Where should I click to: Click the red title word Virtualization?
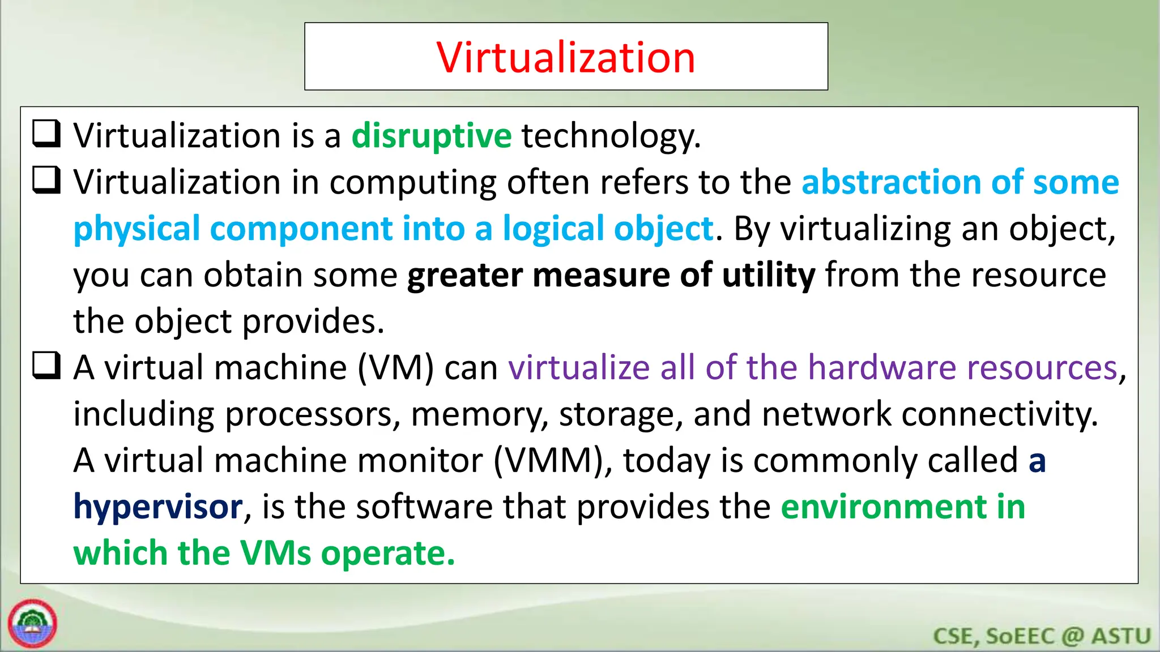pos(565,58)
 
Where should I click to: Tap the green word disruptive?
pos(431,136)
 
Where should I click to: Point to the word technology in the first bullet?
pos(610,136)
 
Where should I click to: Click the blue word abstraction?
pos(891,182)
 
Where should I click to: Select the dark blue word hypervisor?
pos(158,507)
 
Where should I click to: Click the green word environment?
pos(883,507)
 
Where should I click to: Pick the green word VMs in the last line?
pos(275,553)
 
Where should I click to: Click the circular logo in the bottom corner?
pos(33,624)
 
